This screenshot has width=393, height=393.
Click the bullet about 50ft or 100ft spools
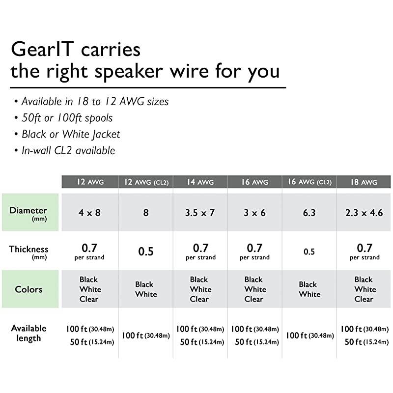pos(67,118)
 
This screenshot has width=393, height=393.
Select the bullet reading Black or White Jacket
pos(70,134)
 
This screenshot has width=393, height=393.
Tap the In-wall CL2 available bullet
pos(68,150)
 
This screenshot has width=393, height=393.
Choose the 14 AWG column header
pos(200,182)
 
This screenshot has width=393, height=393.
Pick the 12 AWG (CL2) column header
pos(146,182)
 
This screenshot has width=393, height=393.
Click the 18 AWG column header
pos(364,182)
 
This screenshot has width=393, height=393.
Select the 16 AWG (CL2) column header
pos(309,182)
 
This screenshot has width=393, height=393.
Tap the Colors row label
pos(28,289)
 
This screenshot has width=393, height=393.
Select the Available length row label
pos(28,333)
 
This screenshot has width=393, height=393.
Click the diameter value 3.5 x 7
pos(200,213)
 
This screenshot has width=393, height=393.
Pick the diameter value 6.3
pos(309,213)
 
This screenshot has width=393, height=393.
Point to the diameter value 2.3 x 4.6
pos(364,213)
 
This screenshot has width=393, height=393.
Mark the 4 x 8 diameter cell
pos(89,213)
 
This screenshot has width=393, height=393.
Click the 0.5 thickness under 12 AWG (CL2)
pos(146,252)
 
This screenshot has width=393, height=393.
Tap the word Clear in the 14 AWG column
pos(199,299)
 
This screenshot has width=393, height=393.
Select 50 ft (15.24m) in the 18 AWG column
pos(364,342)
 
